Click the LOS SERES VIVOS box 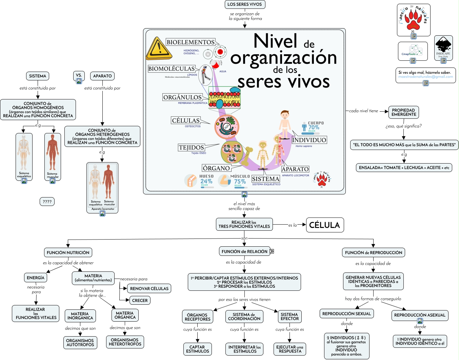tap(244, 4)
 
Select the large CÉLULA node tap(324, 225)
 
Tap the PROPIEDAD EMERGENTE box tap(403, 112)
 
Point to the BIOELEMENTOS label tap(191, 42)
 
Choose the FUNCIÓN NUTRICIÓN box tap(68, 252)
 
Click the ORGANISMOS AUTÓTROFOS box tap(80, 343)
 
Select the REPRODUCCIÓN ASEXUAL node tap(420, 315)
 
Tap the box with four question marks tap(47, 202)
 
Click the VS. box tap(79, 75)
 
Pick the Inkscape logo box tap(443, 48)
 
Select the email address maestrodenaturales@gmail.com tap(425, 77)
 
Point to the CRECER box tap(140, 300)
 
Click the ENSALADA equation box tap(404, 168)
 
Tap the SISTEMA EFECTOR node tap(290, 317)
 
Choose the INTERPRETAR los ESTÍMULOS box tap(245, 349)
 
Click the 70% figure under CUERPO tap(314, 128)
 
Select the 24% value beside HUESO tap(206, 181)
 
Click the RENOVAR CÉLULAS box tap(149, 288)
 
